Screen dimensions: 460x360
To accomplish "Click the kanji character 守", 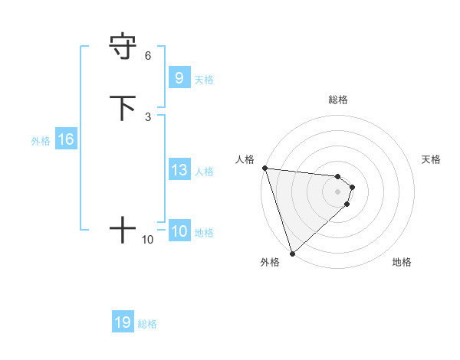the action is pyautogui.click(x=123, y=46).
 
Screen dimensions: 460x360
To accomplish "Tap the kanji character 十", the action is pyautogui.click(x=123, y=229).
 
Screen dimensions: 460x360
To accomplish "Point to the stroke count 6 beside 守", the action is pyautogui.click(x=147, y=56).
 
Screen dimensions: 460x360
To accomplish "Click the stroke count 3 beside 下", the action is pyautogui.click(x=147, y=116).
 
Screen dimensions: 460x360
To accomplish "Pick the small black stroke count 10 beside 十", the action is pyautogui.click(x=147, y=240).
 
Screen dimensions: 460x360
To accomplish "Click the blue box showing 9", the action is pyautogui.click(x=179, y=77).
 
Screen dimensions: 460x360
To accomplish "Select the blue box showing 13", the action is pyautogui.click(x=179, y=170).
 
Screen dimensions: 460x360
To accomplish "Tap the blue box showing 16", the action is pyautogui.click(x=66, y=139).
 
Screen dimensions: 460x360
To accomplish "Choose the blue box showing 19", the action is pyautogui.click(x=123, y=322).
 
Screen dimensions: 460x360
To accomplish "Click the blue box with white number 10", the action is pyautogui.click(x=179, y=231).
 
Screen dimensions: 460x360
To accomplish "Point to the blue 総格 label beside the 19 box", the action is pyautogui.click(x=147, y=324).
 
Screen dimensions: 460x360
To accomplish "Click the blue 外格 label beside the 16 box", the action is pyautogui.click(x=41, y=141).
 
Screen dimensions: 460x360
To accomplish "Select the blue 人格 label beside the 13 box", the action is pyautogui.click(x=205, y=172).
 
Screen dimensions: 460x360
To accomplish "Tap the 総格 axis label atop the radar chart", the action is pyautogui.click(x=338, y=100).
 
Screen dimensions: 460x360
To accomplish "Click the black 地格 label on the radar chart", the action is pyautogui.click(x=402, y=263).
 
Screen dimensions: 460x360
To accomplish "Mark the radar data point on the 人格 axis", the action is pyautogui.click(x=264, y=168).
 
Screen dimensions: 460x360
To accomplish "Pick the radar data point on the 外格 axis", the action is pyautogui.click(x=292, y=253).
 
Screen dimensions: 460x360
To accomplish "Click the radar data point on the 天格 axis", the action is pyautogui.click(x=353, y=186).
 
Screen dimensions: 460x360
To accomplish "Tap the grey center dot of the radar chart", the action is pyautogui.click(x=338, y=191).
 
